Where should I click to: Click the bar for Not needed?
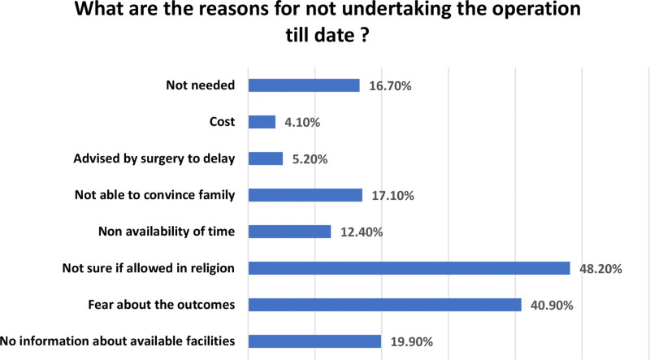[304, 85]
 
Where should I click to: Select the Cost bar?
[262, 122]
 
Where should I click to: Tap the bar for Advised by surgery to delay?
[266, 158]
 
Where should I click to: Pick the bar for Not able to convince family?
[305, 195]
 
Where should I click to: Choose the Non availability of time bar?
[290, 232]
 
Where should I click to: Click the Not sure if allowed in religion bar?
[409, 268]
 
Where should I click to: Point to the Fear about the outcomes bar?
[384, 305]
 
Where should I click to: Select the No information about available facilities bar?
[314, 341]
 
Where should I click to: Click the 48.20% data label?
[600, 269]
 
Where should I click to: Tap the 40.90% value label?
[552, 306]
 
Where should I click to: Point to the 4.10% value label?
[302, 123]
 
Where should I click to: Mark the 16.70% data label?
[390, 86]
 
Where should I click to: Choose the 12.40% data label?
[362, 232]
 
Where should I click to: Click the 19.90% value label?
[412, 342]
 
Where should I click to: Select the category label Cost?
[222, 122]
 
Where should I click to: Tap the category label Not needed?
[201, 85]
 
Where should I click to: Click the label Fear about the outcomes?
[162, 305]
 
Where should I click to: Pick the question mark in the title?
[364, 34]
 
